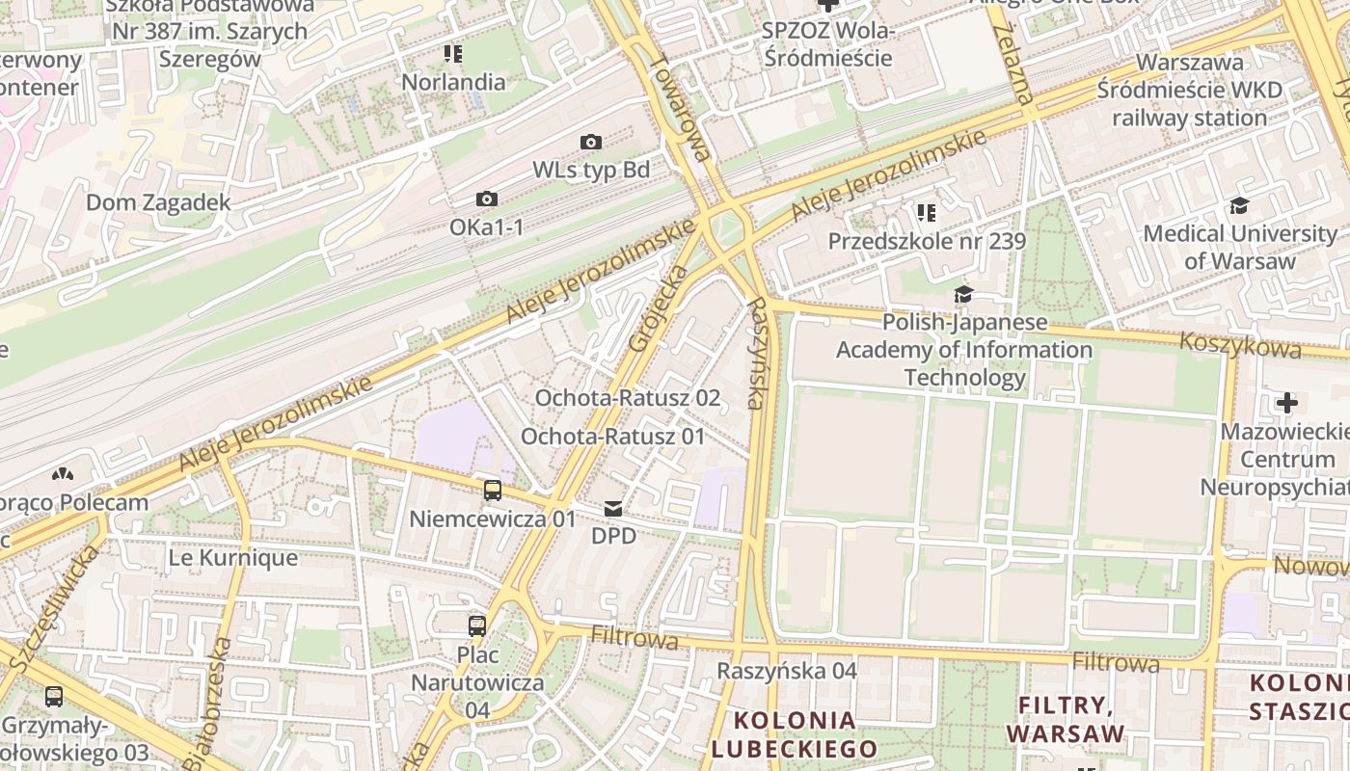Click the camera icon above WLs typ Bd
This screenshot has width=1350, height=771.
point(591,143)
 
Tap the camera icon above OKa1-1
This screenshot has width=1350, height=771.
point(487,199)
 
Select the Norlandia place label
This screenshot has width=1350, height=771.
point(453,82)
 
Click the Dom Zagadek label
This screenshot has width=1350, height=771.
point(159,202)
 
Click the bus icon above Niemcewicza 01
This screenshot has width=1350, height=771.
point(493,491)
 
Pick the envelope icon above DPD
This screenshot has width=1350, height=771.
point(613,508)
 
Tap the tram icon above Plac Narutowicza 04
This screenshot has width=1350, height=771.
point(477,626)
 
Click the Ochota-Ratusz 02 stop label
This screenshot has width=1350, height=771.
point(627,398)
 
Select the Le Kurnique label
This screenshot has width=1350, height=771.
point(232,558)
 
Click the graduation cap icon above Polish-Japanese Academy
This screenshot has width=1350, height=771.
point(962,295)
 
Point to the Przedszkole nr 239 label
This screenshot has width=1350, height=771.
point(927,241)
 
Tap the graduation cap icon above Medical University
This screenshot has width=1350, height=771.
point(1239,205)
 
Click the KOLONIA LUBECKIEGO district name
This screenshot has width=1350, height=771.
point(794,734)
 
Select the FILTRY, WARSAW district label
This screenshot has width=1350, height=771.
point(1066,720)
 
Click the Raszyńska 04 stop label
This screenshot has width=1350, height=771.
point(787,671)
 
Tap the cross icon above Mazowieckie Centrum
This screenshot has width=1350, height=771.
point(1287,403)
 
